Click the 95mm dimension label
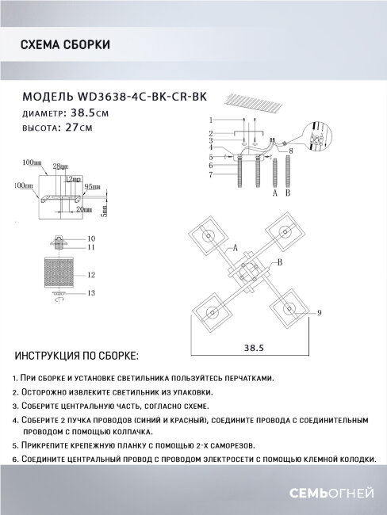pyautogui.click(x=93, y=186)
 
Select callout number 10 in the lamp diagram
pyautogui.click(x=90, y=238)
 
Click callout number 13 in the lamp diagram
pyautogui.click(x=90, y=293)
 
